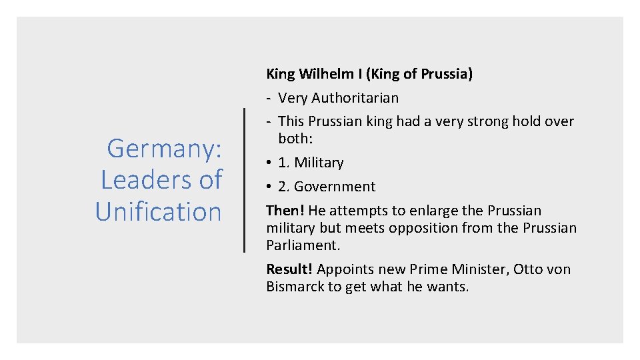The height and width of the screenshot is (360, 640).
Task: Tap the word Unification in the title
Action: click(158, 211)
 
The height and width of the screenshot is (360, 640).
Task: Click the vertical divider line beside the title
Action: click(245, 180)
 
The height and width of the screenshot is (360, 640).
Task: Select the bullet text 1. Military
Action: click(311, 163)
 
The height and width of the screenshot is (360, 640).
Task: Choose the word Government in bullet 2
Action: click(335, 187)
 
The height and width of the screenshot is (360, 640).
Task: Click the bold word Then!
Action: click(285, 211)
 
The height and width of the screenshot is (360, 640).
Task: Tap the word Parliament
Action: click(302, 245)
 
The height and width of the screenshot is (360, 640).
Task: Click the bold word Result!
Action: click(290, 269)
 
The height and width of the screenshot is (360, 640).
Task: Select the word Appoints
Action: click(345, 269)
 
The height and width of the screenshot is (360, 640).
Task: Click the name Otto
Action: click(527, 269)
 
